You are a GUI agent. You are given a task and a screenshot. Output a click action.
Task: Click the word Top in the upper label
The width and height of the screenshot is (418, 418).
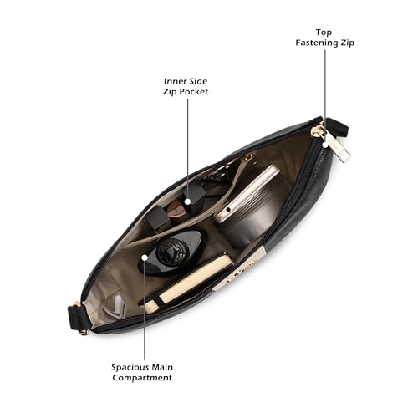click(324, 33)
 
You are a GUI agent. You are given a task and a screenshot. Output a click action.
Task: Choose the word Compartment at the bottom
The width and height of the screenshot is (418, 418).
click(142, 378)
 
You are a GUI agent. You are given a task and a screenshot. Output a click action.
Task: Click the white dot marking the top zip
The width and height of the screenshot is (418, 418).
click(325, 145)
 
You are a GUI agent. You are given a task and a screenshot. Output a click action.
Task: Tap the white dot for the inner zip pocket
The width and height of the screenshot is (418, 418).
click(188, 201)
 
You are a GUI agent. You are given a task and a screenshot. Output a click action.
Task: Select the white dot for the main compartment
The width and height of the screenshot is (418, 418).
click(145, 257)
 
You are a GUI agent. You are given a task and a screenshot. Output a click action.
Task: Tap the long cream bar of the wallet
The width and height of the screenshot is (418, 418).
click(195, 278)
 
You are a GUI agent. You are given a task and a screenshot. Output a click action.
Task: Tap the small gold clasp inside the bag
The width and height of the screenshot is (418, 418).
click(250, 157)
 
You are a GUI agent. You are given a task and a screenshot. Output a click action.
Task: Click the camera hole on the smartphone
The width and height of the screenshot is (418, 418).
click(228, 209)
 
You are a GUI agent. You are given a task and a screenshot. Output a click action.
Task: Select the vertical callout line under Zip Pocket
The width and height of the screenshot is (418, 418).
click(188, 149)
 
